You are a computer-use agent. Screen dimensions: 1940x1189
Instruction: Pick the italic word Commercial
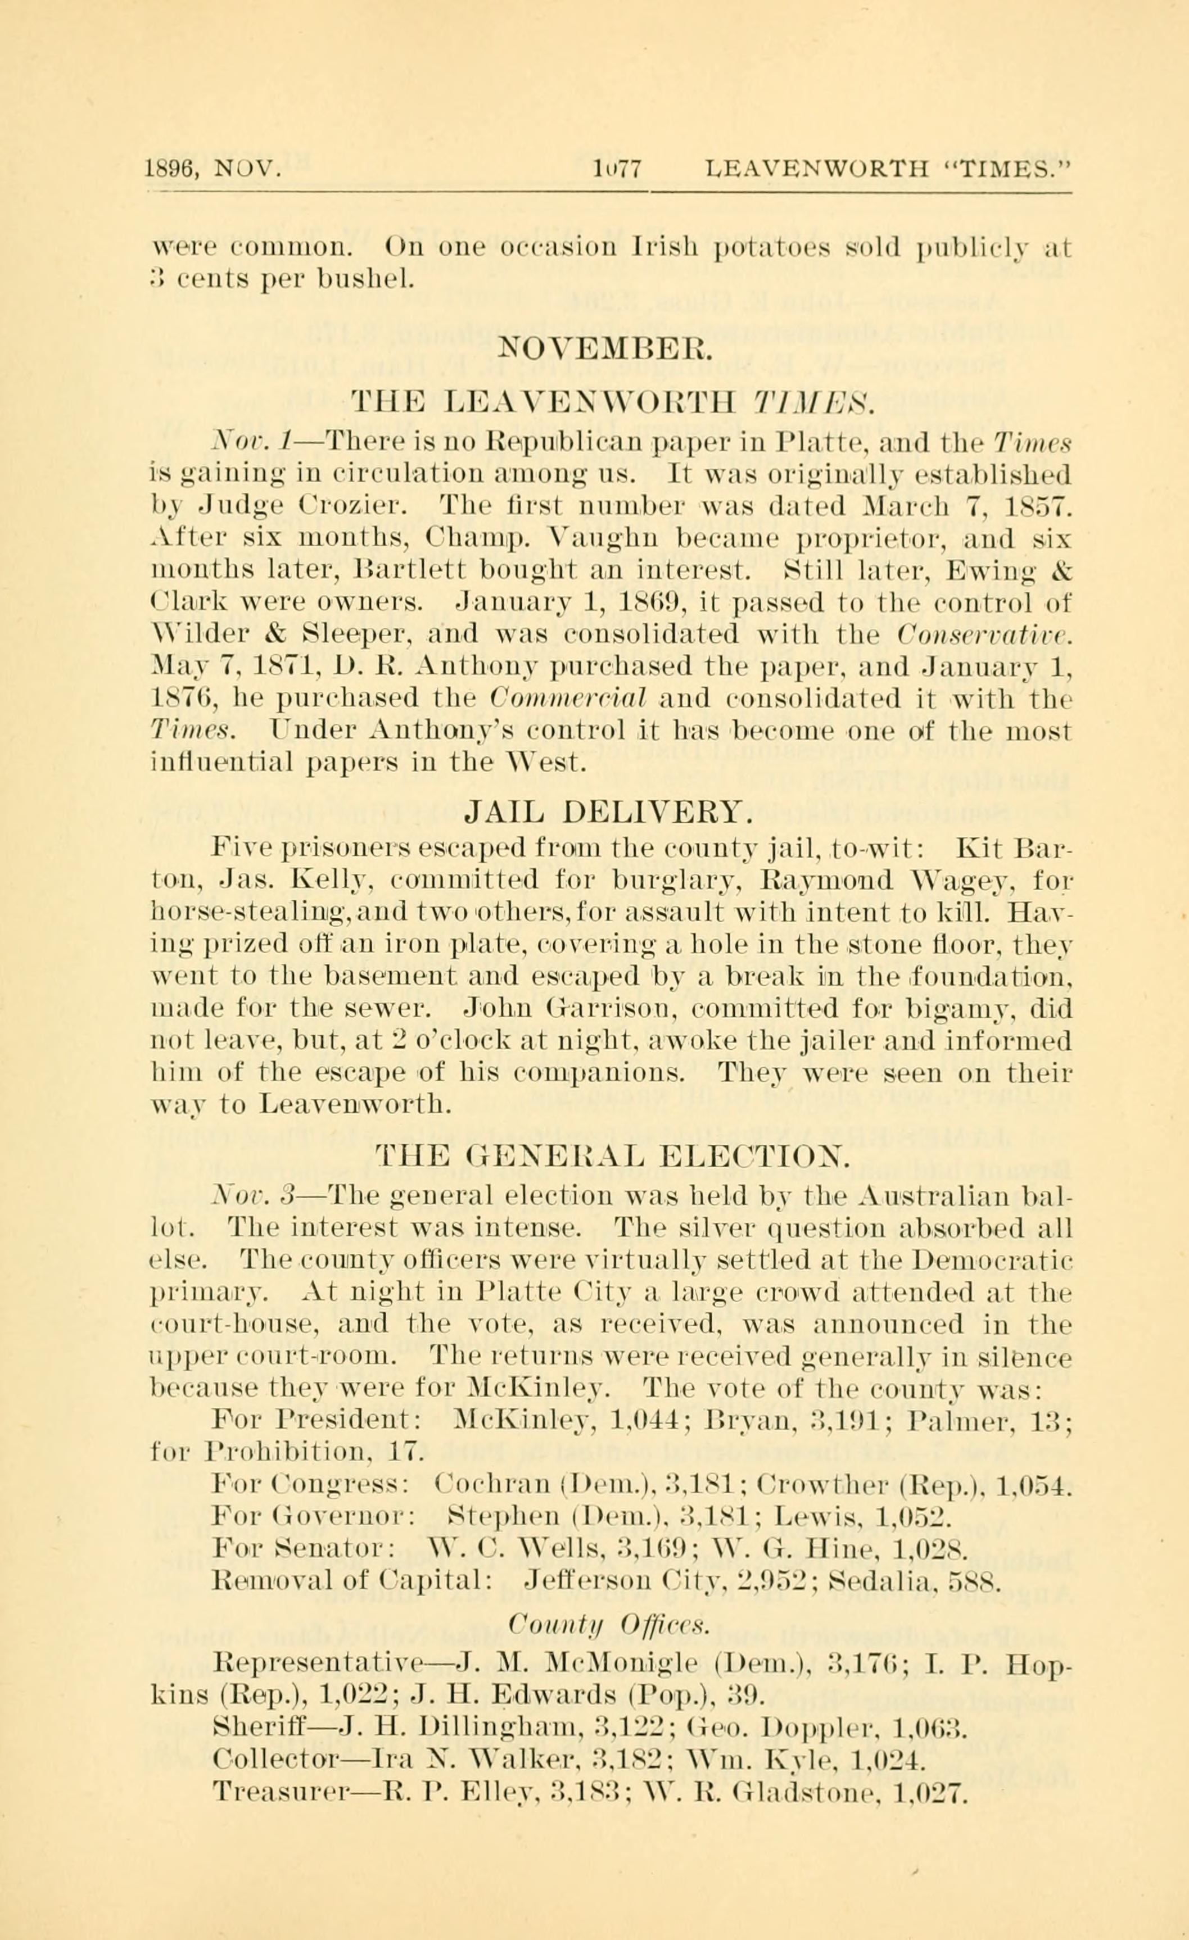pos(566,697)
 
